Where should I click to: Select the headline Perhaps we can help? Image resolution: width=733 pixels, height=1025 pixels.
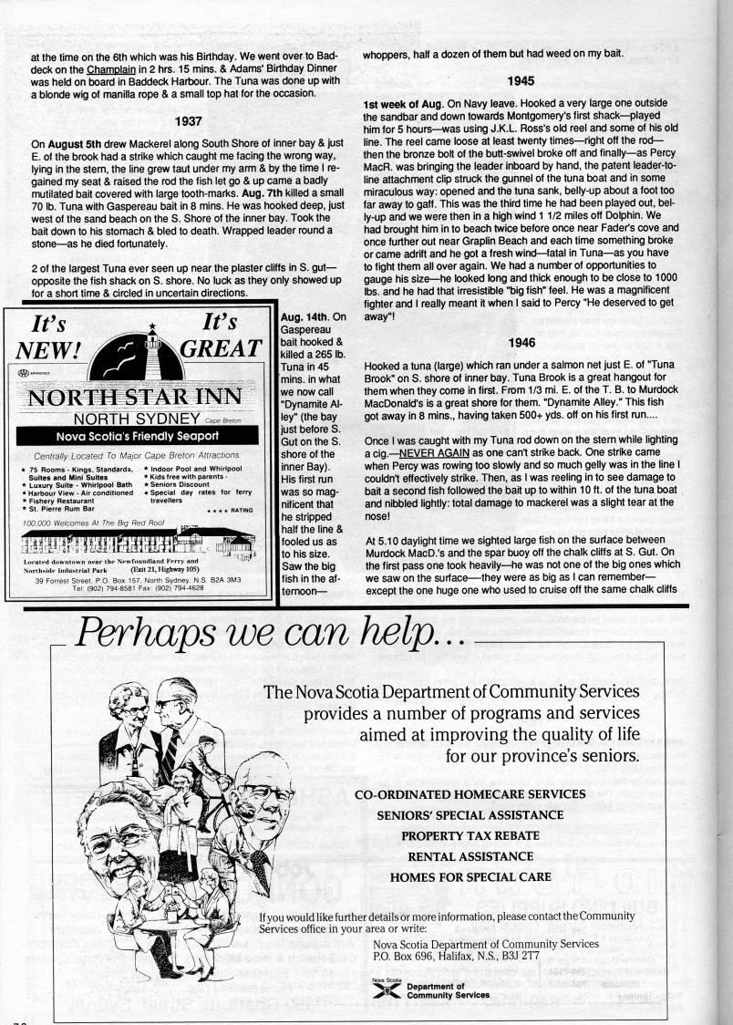click(274, 631)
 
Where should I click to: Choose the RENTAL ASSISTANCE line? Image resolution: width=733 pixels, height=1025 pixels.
click(470, 856)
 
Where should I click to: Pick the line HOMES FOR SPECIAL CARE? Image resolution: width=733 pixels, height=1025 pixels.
click(470, 877)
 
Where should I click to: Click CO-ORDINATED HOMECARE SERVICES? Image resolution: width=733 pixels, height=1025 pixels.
click(470, 793)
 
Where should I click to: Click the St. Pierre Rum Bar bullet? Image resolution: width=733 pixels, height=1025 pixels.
click(59, 509)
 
